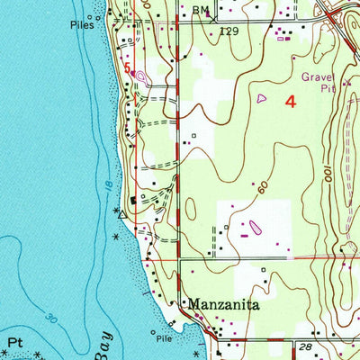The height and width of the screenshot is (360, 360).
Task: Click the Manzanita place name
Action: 223,305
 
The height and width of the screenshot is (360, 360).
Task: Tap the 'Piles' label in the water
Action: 82,26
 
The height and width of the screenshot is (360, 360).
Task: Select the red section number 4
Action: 290,102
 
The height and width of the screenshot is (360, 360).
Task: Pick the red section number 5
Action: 128,67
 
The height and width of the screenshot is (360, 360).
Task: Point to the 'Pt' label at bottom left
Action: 13,343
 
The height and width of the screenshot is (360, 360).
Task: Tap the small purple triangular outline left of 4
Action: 262,97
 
